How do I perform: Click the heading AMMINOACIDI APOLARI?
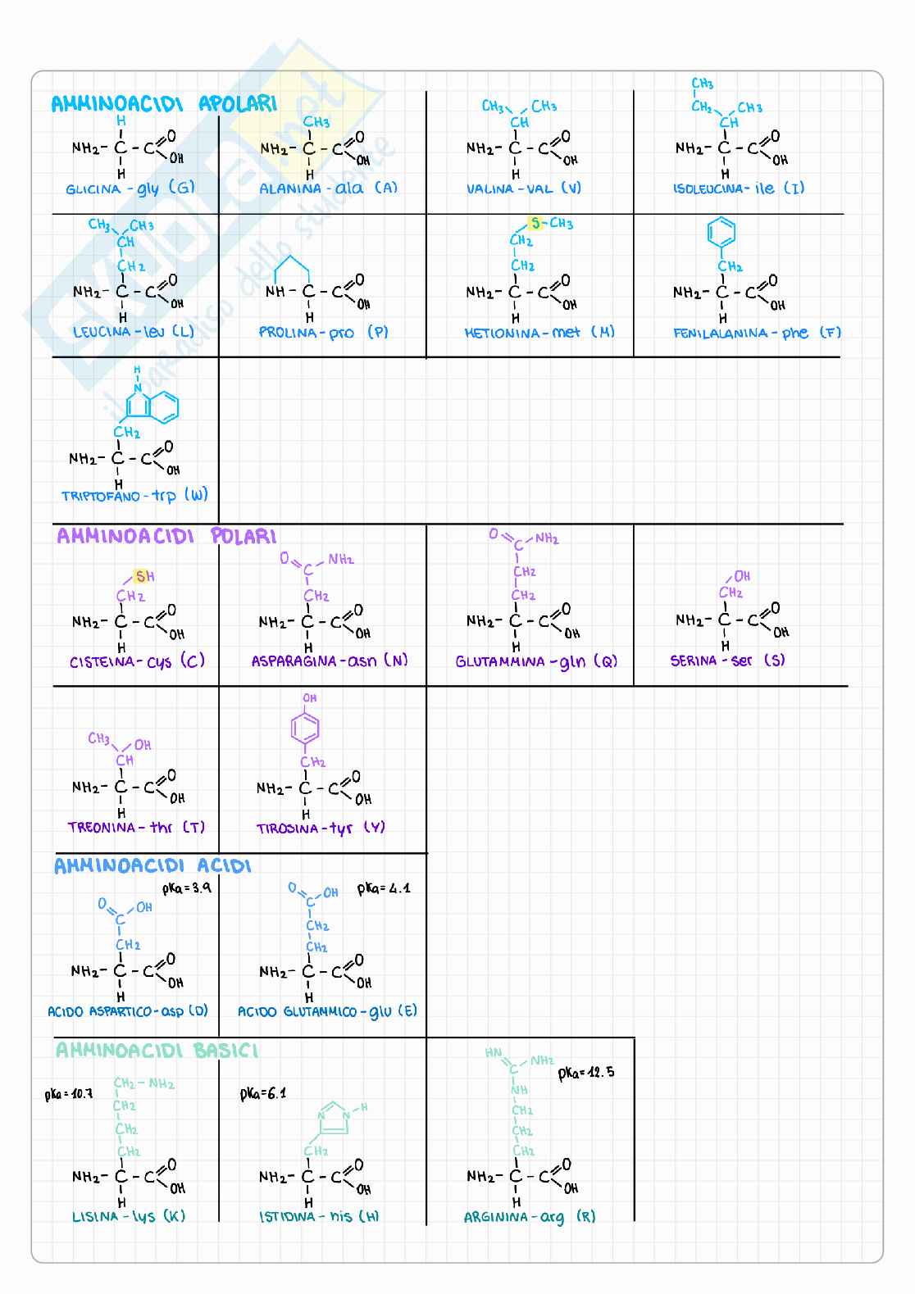164,104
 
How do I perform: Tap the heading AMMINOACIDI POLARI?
166,537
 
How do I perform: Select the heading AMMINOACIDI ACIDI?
152,866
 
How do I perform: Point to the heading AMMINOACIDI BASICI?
157,1051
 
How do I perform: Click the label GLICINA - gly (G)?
130,188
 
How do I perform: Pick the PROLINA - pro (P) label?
323,333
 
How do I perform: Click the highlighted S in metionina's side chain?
535,223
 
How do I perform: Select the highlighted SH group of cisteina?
144,576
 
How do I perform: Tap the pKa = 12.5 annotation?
586,1073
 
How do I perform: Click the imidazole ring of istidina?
334,1117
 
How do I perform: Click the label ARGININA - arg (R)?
530,1218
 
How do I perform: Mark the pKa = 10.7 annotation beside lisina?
69,1094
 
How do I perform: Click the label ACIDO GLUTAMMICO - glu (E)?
327,1012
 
